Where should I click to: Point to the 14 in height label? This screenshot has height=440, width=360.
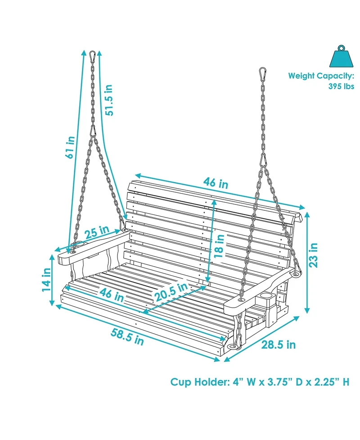47,280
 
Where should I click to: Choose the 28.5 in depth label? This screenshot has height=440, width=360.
279,345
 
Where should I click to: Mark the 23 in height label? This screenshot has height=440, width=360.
313,255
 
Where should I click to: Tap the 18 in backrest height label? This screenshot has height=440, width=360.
219,245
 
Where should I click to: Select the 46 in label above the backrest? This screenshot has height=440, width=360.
216,183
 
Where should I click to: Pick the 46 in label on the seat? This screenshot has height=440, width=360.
112,295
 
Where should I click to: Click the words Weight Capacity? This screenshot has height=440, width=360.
321,76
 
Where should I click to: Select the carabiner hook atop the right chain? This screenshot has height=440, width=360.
262,74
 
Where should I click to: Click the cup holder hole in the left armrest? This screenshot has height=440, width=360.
80,245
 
